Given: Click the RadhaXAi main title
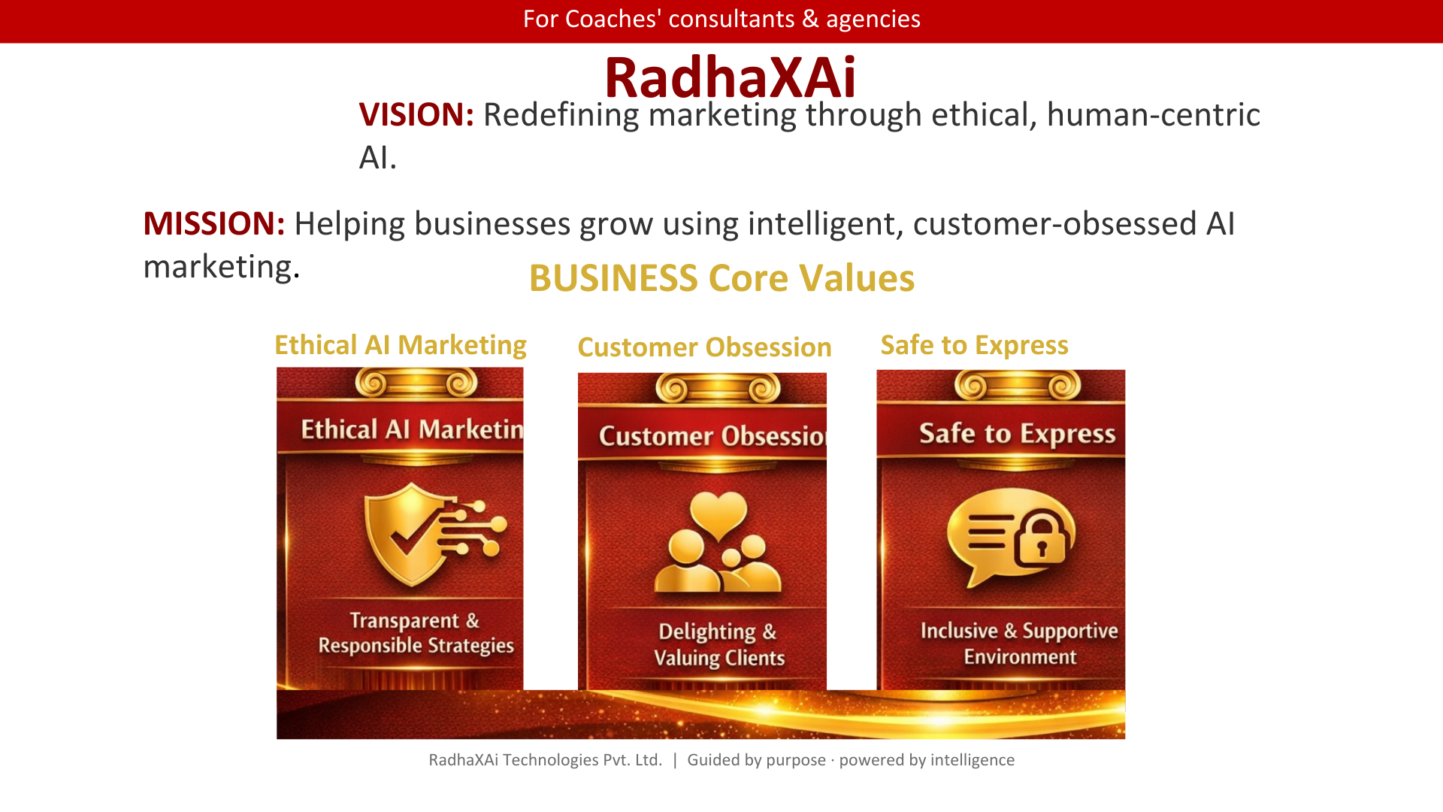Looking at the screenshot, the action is pos(730,77).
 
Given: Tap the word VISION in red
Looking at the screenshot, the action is pos(416,115).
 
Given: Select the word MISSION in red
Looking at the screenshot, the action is pos(213,224).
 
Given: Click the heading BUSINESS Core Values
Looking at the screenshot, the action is pos(721,278).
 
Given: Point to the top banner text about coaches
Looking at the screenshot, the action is pos(721,19).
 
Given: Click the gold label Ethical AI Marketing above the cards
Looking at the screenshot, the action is pos(401,345).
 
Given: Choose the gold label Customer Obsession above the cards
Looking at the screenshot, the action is pos(704,347).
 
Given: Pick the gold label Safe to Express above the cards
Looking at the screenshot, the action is pos(974,345).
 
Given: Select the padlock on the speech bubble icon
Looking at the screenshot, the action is pos(1042,537).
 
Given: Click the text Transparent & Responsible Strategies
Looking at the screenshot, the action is pos(416,633).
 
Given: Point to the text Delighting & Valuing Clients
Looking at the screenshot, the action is pos(718,644).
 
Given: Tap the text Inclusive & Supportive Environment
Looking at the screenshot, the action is pos(1019,644).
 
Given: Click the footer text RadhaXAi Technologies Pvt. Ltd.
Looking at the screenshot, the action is pos(545,760).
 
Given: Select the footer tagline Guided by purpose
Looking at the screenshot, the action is pos(756,760).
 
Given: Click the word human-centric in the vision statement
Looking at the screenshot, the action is pos(1153,115).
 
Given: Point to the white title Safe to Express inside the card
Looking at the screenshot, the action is pos(1018,434).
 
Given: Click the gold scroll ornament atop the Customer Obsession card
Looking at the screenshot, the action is pos(718,388).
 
